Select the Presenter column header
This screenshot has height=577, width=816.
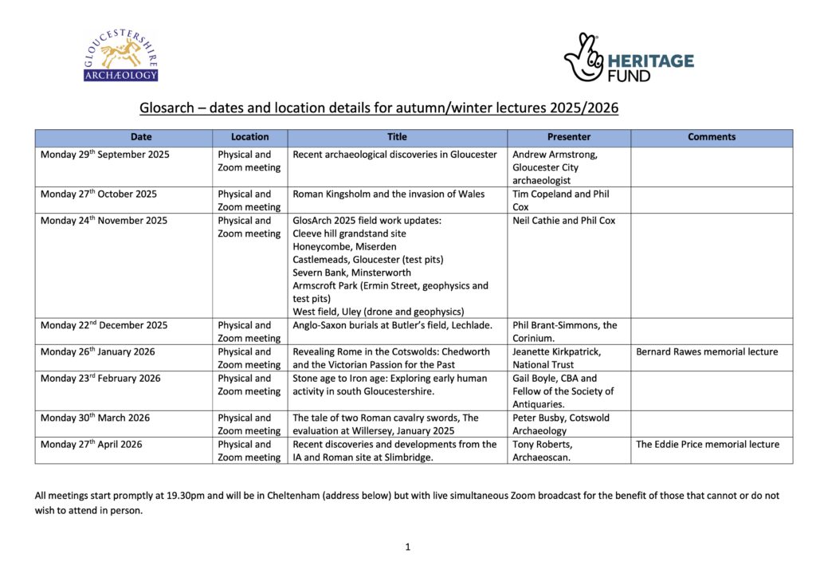[568, 137]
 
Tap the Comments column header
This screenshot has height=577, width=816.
[711, 137]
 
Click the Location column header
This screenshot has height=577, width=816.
[249, 137]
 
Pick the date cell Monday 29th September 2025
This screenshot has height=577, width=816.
[105, 155]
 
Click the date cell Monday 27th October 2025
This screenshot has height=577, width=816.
[99, 194]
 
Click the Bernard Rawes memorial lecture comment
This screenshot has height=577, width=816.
[707, 351]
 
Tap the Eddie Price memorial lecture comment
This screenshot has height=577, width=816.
[708, 445]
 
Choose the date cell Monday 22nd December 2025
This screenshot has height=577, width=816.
[104, 325]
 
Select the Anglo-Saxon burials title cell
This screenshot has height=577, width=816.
[392, 325]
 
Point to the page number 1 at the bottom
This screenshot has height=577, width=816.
[407, 547]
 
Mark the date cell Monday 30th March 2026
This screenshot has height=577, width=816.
[95, 418]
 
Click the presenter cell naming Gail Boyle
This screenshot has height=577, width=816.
[563, 391]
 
